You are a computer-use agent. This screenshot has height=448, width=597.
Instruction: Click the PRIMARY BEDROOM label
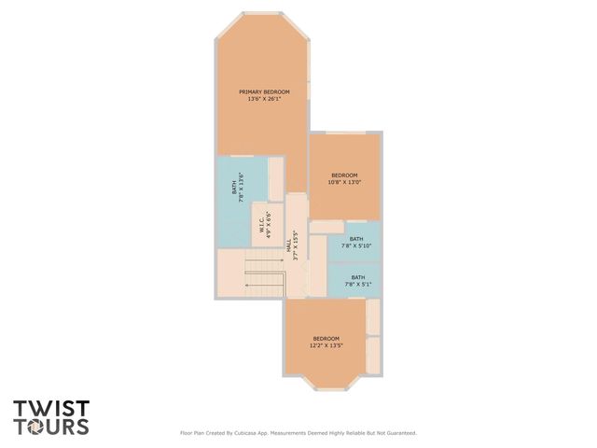[264, 91]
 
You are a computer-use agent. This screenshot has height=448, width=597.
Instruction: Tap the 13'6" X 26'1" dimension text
[264, 99]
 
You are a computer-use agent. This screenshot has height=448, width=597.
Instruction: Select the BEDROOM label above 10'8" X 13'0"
[344, 175]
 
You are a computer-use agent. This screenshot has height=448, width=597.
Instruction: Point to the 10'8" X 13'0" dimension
[344, 182]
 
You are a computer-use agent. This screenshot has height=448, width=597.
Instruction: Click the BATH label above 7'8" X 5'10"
[356, 239]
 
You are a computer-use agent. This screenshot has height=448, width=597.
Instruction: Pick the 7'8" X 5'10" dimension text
[356, 246]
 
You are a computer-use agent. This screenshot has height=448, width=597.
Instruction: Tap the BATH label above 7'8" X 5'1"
[358, 277]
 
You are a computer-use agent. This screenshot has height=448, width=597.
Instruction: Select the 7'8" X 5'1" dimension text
[358, 284]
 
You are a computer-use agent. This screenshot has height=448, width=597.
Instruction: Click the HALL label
[289, 245]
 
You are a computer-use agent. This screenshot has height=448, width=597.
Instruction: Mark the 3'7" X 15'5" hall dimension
[297, 245]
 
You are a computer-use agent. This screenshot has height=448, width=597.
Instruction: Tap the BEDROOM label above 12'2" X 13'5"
[326, 338]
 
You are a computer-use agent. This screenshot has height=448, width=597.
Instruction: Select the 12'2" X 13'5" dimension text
[326, 345]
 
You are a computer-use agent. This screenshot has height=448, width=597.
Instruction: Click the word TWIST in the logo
[51, 409]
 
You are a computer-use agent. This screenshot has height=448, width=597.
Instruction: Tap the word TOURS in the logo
[51, 427]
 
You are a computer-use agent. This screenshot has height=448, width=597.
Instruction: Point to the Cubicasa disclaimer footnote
[298, 433]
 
